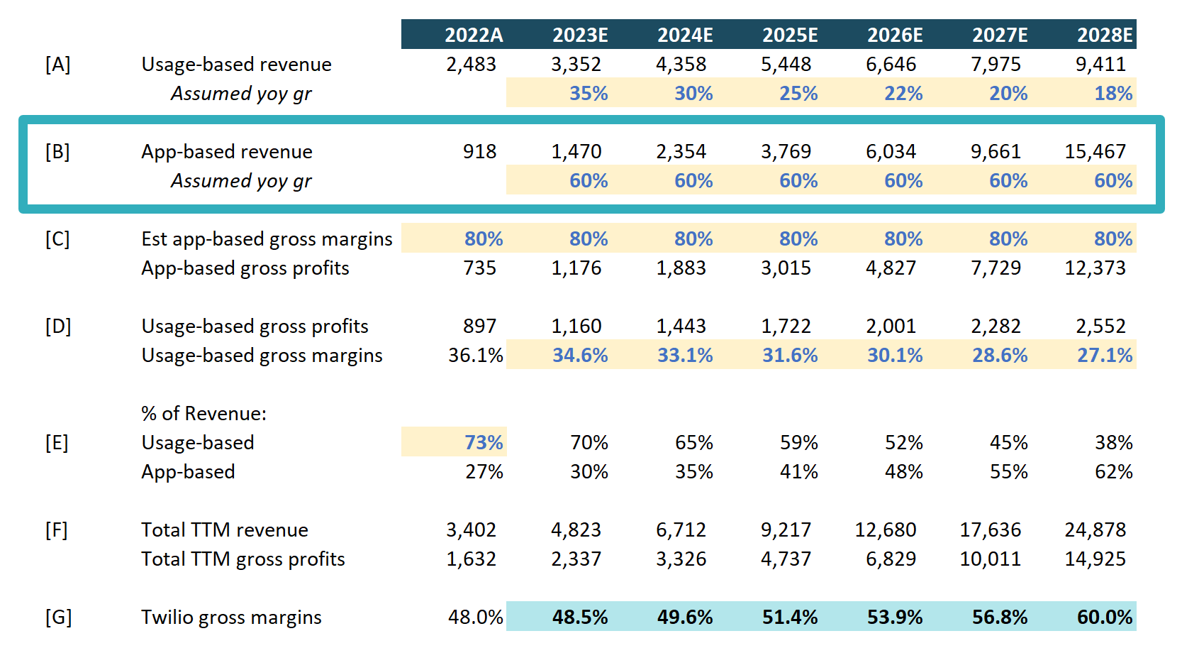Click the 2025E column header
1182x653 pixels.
(x=790, y=35)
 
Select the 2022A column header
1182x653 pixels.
(x=474, y=35)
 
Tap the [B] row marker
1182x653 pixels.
(x=57, y=152)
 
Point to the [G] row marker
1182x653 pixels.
(x=58, y=617)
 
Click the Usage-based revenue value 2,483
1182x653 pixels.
(x=472, y=65)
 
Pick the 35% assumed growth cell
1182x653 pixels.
(x=589, y=94)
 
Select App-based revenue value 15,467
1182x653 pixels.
(x=1095, y=152)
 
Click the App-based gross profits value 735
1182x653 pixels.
(x=479, y=268)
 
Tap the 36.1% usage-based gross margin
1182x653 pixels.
(x=476, y=355)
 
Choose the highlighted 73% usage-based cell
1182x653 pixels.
(x=484, y=442)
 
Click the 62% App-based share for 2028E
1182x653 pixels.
(x=1113, y=471)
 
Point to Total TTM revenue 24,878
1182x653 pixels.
(x=1095, y=529)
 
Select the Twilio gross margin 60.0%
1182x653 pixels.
(x=1105, y=617)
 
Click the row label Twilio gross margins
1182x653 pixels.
(x=231, y=617)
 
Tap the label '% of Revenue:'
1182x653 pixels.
(x=203, y=413)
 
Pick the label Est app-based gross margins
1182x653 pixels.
(x=267, y=238)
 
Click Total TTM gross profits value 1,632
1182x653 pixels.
(x=472, y=559)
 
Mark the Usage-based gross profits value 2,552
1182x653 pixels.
(x=1100, y=326)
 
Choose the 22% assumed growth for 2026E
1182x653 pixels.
(x=903, y=94)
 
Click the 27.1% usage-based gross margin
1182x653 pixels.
(x=1105, y=355)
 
